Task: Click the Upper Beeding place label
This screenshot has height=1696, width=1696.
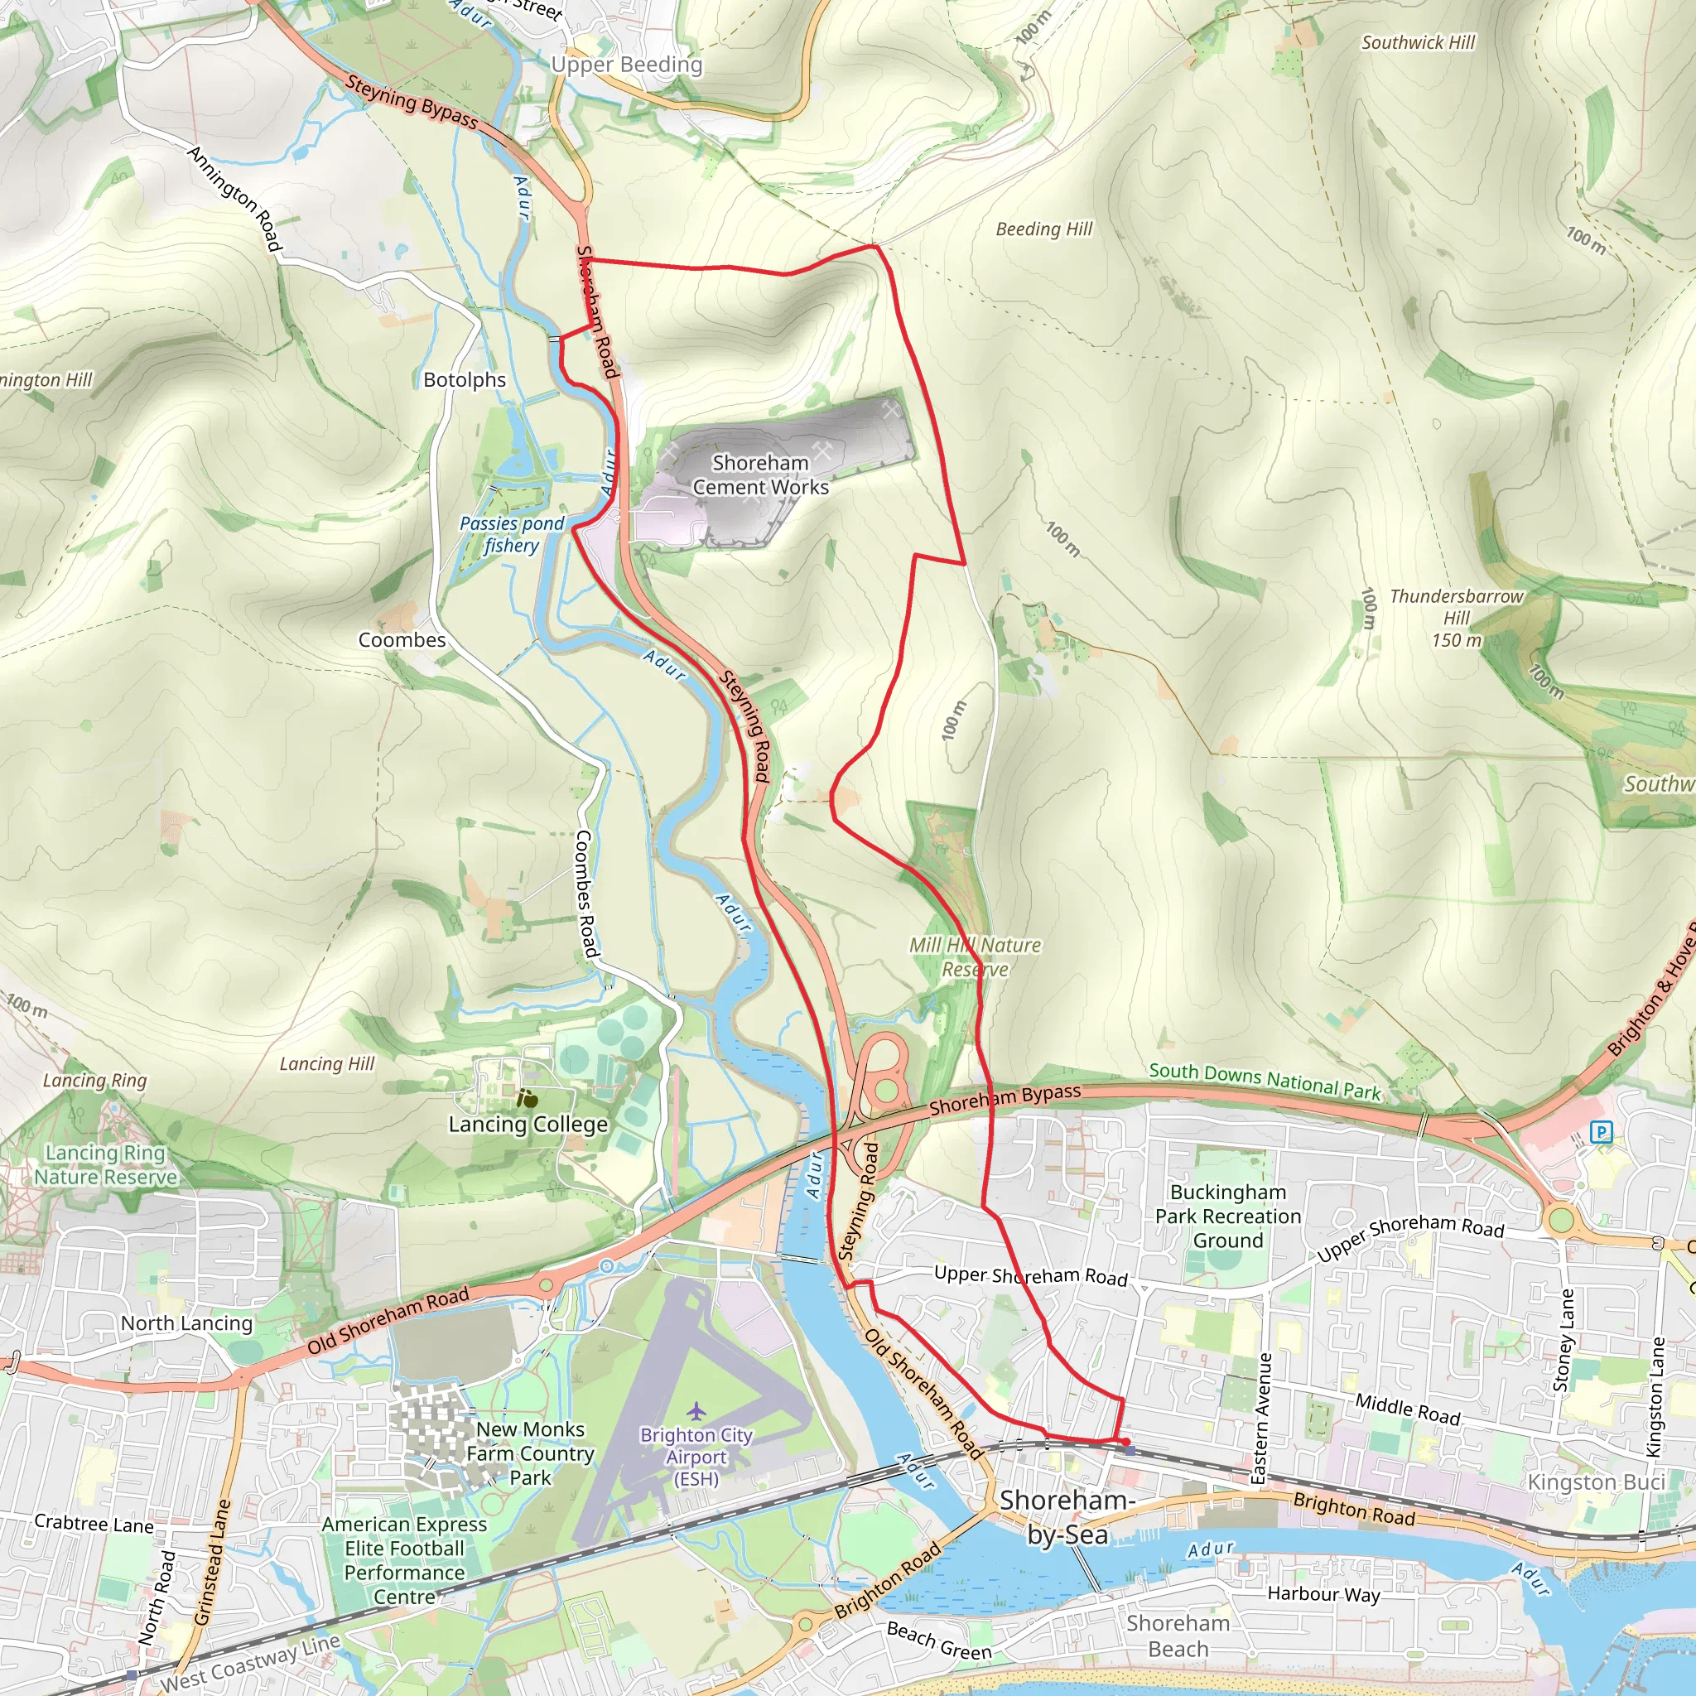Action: click(x=626, y=65)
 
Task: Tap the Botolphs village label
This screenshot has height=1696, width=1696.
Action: click(x=465, y=380)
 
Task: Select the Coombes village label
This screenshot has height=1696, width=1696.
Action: click(x=402, y=640)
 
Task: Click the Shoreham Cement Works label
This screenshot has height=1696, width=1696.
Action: click(x=760, y=475)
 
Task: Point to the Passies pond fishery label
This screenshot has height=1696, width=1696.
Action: click(x=512, y=534)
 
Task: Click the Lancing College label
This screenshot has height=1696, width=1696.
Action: click(x=528, y=1125)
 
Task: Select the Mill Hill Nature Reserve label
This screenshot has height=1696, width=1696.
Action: click(x=975, y=956)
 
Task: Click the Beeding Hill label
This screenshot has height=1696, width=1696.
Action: click(x=1043, y=229)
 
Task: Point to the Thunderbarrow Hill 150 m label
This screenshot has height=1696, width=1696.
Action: click(x=1456, y=618)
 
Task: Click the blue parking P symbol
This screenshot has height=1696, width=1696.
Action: click(x=1602, y=1132)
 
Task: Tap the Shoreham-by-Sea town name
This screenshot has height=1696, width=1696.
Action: click(x=1067, y=1518)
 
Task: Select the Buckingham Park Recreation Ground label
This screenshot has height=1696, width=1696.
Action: click(x=1227, y=1217)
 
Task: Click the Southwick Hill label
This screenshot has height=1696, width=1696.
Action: click(x=1418, y=42)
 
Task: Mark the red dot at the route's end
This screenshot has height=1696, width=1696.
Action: click(x=1125, y=1443)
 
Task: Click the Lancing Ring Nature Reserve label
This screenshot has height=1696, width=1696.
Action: click(x=105, y=1165)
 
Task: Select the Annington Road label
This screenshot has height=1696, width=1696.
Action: click(x=234, y=200)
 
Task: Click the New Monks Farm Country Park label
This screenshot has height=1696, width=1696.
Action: click(x=530, y=1453)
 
